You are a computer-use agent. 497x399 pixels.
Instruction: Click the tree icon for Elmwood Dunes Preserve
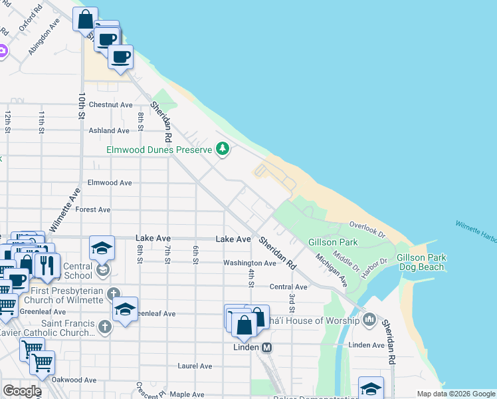click(x=223, y=150)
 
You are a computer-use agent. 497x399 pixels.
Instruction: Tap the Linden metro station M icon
click(x=266, y=347)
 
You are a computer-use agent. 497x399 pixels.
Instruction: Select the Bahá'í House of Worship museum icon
click(x=370, y=321)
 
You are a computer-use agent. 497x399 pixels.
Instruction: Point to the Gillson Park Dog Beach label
click(x=421, y=262)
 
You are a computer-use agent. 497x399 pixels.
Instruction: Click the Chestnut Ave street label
click(x=111, y=105)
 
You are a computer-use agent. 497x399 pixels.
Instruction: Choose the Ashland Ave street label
click(x=109, y=131)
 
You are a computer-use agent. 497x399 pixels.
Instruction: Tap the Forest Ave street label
click(x=93, y=209)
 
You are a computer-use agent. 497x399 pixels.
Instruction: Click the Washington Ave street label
click(x=249, y=263)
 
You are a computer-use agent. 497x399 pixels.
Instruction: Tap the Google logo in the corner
click(x=22, y=390)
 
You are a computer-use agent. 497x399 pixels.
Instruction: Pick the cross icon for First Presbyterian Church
click(x=114, y=293)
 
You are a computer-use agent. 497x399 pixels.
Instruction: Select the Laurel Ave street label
click(x=195, y=366)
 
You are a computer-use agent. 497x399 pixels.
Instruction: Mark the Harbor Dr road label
click(x=374, y=263)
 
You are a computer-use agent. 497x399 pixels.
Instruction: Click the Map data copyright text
click(x=455, y=394)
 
